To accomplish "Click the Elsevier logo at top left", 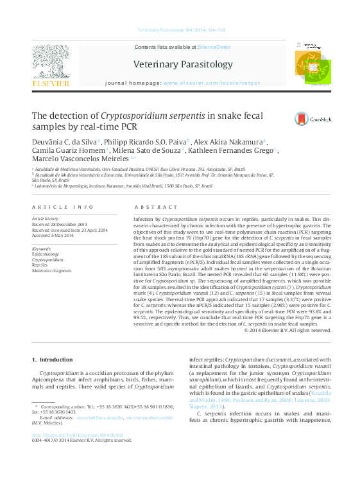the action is (x=51, y=66).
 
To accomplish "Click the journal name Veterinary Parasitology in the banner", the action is (x=183, y=64).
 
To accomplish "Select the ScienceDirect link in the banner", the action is (x=214, y=47).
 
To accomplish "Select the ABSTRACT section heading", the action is (x=156, y=207).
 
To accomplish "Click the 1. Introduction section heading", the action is (x=52, y=359).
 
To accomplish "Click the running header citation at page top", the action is (x=181, y=30).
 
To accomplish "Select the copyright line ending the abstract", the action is (x=287, y=330).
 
